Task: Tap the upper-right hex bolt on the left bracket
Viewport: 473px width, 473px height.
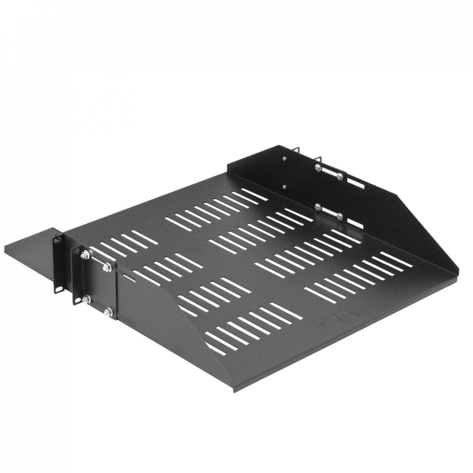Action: (105, 268)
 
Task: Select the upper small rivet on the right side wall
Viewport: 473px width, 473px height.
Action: (284, 159)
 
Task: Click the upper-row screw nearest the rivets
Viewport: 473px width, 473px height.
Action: (317, 167)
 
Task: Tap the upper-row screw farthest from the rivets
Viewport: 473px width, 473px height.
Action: (339, 175)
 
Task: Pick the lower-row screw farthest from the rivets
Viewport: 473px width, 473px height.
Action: (340, 216)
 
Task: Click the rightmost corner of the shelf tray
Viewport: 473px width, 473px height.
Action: (459, 271)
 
